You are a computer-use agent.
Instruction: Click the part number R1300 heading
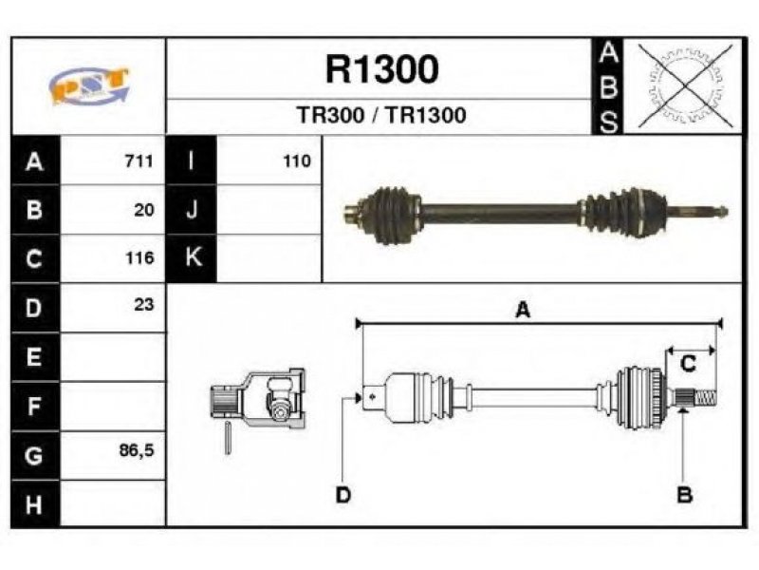[382, 69]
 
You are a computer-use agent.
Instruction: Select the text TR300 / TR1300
[381, 115]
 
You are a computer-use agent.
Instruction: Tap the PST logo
[89, 85]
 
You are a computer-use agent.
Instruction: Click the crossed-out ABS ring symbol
[684, 86]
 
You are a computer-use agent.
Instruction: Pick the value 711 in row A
[139, 161]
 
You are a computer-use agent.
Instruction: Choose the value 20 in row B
[144, 210]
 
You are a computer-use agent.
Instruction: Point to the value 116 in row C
[139, 257]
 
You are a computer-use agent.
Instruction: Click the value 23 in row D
[144, 304]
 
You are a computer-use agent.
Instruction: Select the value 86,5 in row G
[137, 450]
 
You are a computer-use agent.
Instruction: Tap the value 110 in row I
[297, 161]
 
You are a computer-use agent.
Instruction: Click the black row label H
[35, 504]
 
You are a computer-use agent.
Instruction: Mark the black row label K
[192, 257]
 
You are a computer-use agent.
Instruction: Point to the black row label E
[35, 357]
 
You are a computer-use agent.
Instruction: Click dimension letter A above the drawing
[524, 310]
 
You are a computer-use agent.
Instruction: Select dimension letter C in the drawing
[689, 364]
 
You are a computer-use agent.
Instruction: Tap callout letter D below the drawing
[343, 495]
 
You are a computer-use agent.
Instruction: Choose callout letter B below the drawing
[684, 495]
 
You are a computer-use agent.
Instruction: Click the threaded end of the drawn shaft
[705, 399]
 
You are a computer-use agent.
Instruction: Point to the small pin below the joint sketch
[228, 438]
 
